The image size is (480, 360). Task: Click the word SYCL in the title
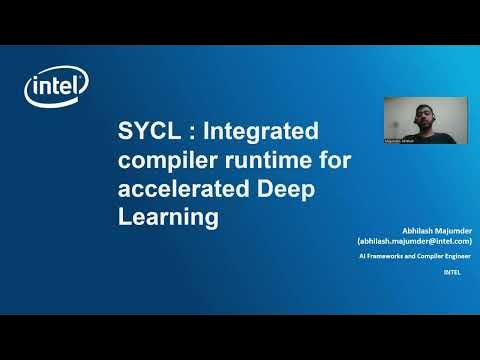pos(144,132)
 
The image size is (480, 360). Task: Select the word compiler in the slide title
pos(164,161)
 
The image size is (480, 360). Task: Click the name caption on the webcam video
pos(402,142)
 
